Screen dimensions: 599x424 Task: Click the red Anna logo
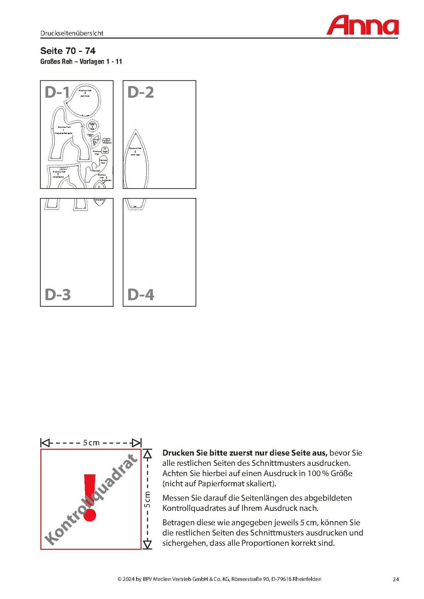(x=362, y=26)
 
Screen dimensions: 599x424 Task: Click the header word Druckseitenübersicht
(x=72, y=33)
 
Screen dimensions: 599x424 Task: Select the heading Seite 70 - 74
(x=68, y=51)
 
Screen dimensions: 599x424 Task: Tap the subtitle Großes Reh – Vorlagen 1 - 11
(x=81, y=62)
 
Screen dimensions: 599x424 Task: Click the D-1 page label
(x=57, y=92)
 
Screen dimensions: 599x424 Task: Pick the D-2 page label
(x=141, y=92)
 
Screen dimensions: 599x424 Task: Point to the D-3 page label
(x=58, y=295)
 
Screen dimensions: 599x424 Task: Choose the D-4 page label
(x=141, y=295)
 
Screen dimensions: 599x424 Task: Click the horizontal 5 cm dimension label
(x=91, y=443)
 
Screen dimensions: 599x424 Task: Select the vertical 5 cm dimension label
(x=147, y=499)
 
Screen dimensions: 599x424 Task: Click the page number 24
(x=395, y=579)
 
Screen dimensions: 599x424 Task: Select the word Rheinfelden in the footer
(x=307, y=579)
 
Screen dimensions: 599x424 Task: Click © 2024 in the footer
(x=125, y=579)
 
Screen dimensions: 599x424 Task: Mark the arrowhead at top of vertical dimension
(x=147, y=454)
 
